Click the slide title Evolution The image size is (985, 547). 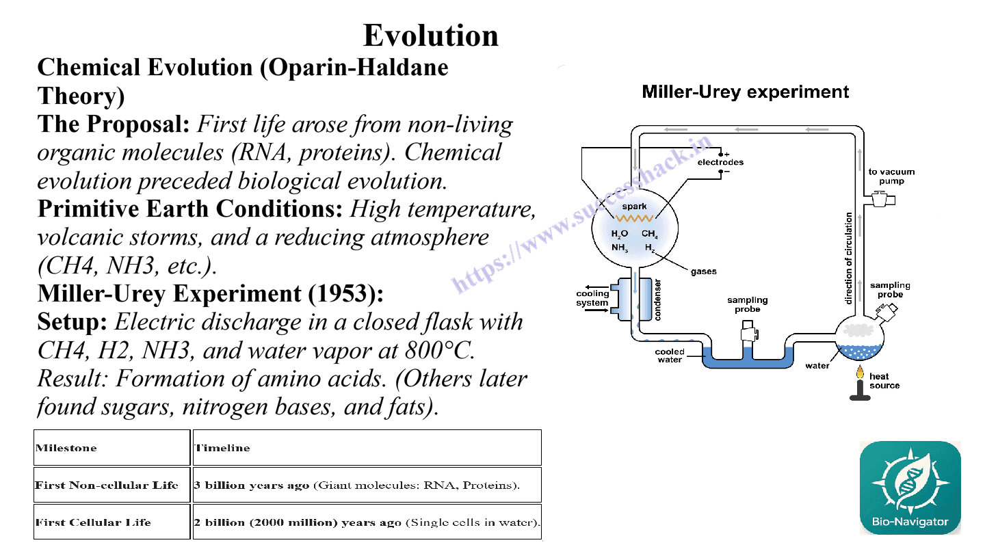pyautogui.click(x=430, y=35)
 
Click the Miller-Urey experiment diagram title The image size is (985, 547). pyautogui.click(x=746, y=92)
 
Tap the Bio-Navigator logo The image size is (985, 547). pyautogui.click(x=910, y=488)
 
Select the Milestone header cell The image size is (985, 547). pyautogui.click(x=112, y=448)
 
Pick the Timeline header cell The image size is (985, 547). pyautogui.click(x=367, y=448)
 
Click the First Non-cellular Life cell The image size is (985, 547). pyautogui.click(x=112, y=485)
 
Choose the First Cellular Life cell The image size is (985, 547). pyautogui.click(x=112, y=522)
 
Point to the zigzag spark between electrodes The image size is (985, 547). pyautogui.click(x=634, y=218)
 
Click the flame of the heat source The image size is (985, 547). pyautogui.click(x=860, y=372)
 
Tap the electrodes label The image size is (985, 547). pyautogui.click(x=720, y=162)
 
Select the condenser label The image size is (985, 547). pyautogui.click(x=657, y=300)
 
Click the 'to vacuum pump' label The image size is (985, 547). pyautogui.click(x=891, y=176)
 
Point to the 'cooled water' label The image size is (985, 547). pyautogui.click(x=670, y=356)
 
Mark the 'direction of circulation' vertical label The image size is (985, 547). pyautogui.click(x=848, y=258)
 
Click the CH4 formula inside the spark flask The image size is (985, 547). pyautogui.click(x=650, y=234)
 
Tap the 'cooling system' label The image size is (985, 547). pyautogui.click(x=592, y=298)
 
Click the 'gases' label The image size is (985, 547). pyautogui.click(x=704, y=271)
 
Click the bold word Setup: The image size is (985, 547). pyautogui.click(x=72, y=322)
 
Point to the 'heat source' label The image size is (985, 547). pyautogui.click(x=884, y=381)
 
